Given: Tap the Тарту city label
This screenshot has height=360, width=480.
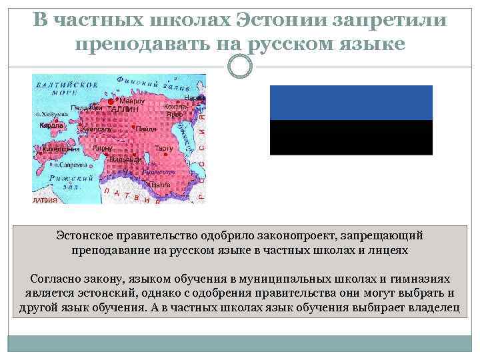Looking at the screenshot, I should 164,148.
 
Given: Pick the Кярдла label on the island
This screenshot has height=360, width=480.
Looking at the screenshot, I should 51,125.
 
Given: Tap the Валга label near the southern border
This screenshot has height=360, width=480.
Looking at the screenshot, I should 161,185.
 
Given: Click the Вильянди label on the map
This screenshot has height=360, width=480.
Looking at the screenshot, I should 124,159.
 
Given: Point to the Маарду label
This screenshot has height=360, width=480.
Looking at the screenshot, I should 132,101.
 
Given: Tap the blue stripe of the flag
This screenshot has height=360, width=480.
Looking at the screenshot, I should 351,103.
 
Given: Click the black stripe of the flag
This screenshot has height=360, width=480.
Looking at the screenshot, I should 351,137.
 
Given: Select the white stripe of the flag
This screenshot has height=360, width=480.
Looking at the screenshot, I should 351,172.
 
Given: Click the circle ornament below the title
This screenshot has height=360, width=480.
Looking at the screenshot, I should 239,66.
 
